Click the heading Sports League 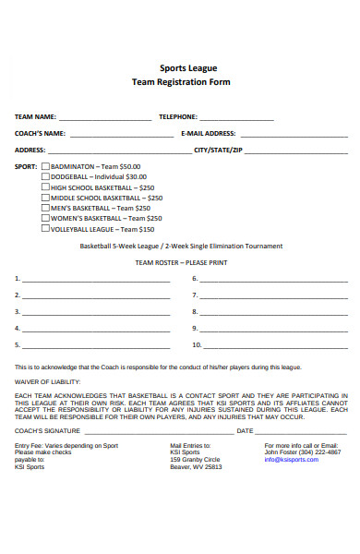(x=181, y=67)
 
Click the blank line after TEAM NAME (x=104, y=119)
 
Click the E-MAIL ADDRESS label (x=209, y=133)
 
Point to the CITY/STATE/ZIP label (x=219, y=150)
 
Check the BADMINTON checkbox (x=46, y=166)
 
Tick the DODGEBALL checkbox (x=46, y=176)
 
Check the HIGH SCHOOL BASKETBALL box (x=46, y=187)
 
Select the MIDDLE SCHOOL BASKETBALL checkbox (x=46, y=198)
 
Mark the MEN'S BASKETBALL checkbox (x=46, y=208)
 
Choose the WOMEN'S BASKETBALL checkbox (x=46, y=219)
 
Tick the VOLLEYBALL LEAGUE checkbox (x=46, y=229)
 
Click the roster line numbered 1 (x=97, y=279)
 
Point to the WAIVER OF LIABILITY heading (x=47, y=381)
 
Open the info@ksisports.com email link (x=292, y=460)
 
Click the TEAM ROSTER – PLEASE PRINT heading (x=181, y=262)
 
